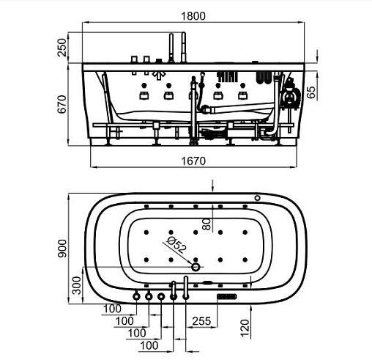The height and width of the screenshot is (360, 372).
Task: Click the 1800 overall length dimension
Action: point(193,16)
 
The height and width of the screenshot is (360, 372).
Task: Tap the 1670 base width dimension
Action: point(193,161)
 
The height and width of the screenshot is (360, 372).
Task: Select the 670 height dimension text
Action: point(62,104)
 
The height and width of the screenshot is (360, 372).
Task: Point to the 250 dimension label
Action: point(62,48)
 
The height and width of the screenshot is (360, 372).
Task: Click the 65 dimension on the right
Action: point(311,92)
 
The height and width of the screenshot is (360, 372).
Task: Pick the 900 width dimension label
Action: point(62,249)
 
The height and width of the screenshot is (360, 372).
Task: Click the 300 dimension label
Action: point(77,285)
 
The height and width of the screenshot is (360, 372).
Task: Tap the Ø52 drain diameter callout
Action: point(176,245)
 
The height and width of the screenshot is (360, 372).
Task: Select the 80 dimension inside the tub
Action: point(207,224)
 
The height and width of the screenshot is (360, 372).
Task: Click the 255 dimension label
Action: point(201,321)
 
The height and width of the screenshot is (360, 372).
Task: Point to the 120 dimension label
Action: point(245,328)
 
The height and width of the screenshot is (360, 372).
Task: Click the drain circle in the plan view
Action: point(196,267)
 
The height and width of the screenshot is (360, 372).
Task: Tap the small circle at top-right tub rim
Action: point(257,198)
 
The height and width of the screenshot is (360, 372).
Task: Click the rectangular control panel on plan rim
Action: point(227,296)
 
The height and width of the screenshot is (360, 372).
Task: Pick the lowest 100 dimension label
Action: point(149,345)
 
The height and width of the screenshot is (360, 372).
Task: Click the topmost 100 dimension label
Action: point(112,309)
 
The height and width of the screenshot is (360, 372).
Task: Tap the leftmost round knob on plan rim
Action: point(136,296)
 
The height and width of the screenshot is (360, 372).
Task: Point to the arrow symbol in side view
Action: point(159,75)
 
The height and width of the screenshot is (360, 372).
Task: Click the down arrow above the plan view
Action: point(212,185)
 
